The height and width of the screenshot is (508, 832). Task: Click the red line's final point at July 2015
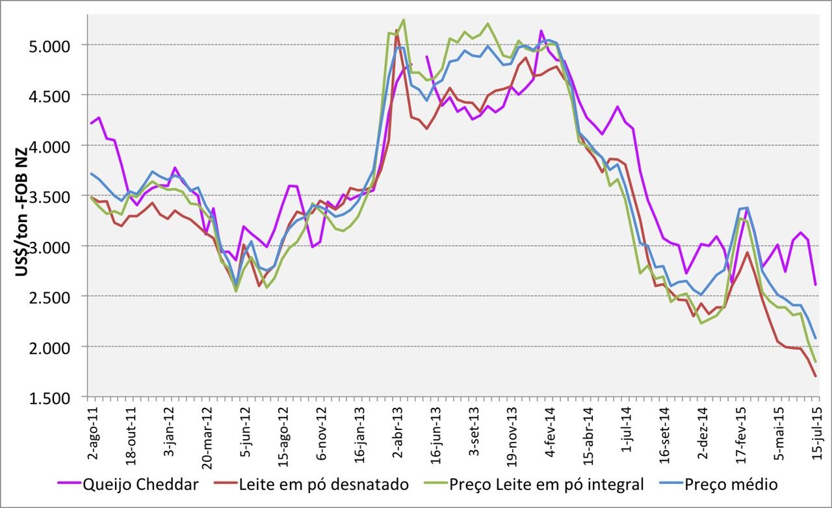(816, 376)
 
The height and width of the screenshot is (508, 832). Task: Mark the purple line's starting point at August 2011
(91, 123)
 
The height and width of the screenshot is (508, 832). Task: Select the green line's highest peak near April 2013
(404, 19)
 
